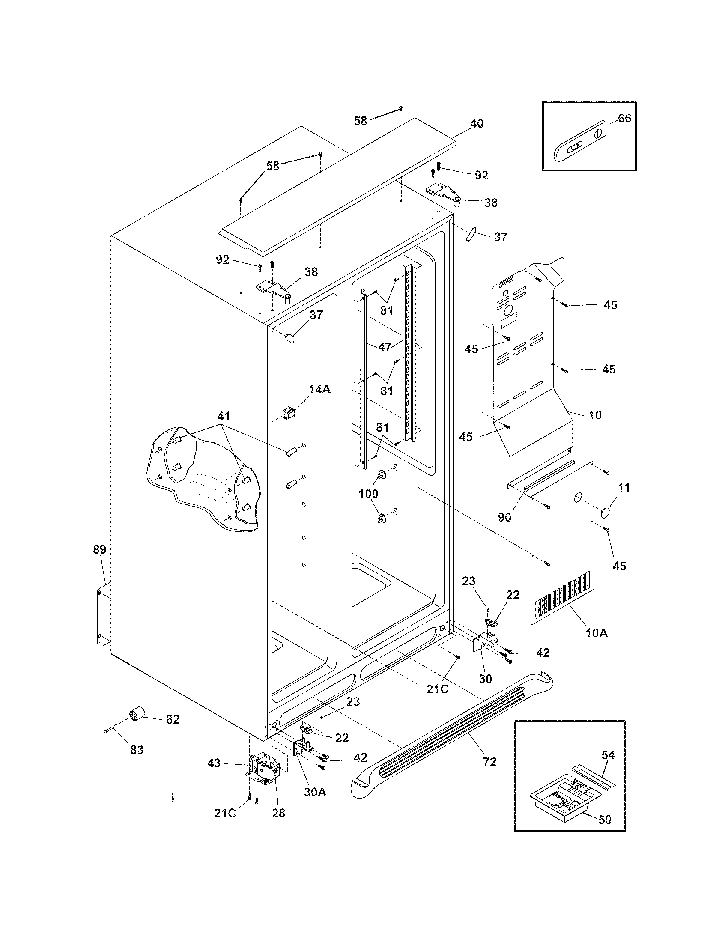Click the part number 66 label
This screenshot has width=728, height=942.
point(624,118)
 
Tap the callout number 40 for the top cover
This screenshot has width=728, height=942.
point(476,123)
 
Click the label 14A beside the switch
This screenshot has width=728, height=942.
point(319,390)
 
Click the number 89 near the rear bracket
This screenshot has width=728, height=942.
point(100,549)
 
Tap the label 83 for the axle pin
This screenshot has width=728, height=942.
point(137,750)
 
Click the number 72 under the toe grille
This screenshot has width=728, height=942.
point(489,762)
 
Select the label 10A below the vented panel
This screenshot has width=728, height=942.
point(597,633)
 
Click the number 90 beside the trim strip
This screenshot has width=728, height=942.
point(504,517)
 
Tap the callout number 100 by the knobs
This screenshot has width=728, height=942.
point(369,493)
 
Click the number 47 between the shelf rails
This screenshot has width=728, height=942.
point(385,347)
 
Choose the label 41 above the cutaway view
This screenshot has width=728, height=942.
point(224,416)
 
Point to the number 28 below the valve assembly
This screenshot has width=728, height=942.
point(279,813)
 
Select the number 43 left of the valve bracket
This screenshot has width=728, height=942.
point(214,763)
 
